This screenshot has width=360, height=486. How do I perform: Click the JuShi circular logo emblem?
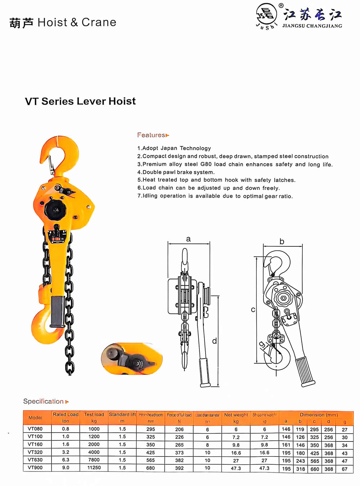tap(266, 15)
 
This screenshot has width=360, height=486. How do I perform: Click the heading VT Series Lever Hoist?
tap(80, 101)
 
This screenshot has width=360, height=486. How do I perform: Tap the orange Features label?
tap(151, 135)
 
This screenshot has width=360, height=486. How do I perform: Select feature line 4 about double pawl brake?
tap(176, 172)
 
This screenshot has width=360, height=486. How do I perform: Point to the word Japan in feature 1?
tap(169, 148)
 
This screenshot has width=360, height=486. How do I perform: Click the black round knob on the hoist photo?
tap(55, 209)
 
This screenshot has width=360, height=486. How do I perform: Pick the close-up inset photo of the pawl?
tap(132, 359)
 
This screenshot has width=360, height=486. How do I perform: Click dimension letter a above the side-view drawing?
tap(188, 239)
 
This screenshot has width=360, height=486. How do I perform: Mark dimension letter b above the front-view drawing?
tap(282, 242)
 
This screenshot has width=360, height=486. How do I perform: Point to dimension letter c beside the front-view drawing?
tap(253, 310)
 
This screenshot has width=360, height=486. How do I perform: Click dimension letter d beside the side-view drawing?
tap(215, 341)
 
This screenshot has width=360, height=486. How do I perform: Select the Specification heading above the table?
tap(44, 401)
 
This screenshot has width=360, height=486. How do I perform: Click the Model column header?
tap(35, 418)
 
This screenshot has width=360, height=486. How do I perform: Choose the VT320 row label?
tap(35, 452)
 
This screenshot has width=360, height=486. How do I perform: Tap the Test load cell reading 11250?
tap(94, 468)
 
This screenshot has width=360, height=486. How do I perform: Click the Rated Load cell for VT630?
tap(66, 460)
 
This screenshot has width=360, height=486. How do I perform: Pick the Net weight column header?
tap(236, 415)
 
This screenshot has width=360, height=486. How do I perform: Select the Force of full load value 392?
tap(179, 468)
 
